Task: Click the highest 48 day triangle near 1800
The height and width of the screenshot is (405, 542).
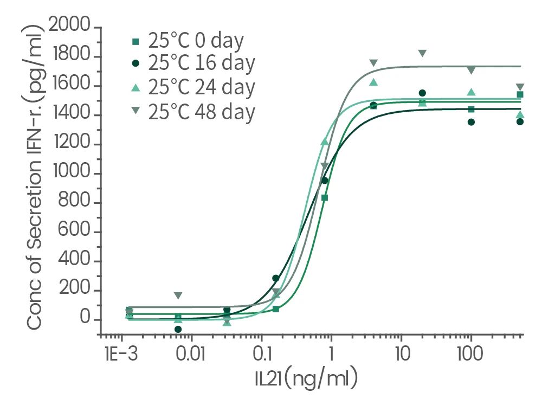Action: [x=422, y=53]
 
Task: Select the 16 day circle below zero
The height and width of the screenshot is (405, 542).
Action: [x=178, y=329]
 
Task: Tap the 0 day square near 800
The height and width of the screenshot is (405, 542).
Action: [x=325, y=198]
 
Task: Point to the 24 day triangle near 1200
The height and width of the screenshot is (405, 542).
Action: [x=325, y=142]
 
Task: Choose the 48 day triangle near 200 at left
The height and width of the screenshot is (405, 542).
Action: [x=178, y=295]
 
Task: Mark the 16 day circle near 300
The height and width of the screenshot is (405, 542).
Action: [x=275, y=278]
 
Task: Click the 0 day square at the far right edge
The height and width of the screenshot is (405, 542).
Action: [x=520, y=94]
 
